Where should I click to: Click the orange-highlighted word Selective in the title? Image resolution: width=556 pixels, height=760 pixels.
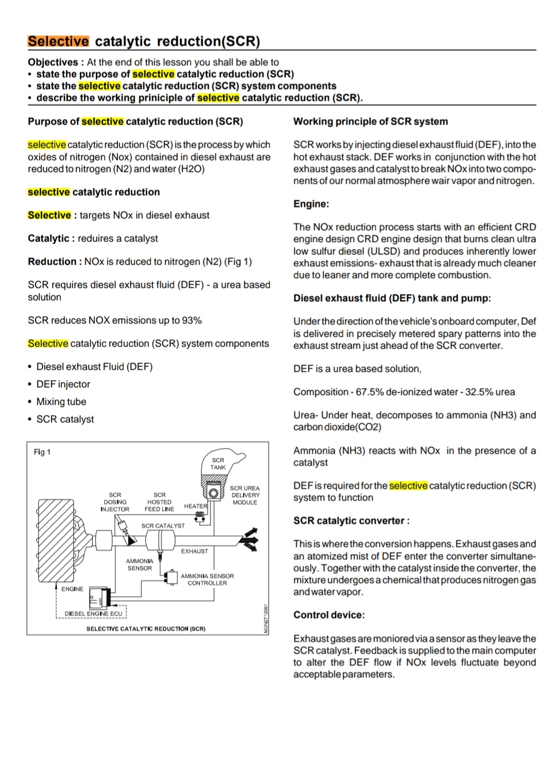point(58,41)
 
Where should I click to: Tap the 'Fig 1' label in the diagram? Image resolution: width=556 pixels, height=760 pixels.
point(42,452)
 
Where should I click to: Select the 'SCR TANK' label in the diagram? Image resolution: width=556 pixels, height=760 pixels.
point(218,463)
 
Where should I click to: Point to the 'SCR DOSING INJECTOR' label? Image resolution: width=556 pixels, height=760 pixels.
point(115,502)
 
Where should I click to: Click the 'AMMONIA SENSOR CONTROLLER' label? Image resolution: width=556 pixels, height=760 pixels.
point(207,579)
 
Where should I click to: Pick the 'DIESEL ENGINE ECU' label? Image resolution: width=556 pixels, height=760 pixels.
point(93,613)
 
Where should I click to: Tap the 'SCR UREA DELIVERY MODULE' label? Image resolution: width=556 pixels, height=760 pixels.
point(245,495)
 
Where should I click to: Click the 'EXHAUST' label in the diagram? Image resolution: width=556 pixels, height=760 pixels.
point(195,551)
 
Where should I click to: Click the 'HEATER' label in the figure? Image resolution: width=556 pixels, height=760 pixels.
point(195,506)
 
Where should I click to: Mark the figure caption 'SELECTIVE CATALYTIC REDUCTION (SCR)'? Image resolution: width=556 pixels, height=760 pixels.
point(146,629)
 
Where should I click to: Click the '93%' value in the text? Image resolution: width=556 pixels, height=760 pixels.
point(192,320)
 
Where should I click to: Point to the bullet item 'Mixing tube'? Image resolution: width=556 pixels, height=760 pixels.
point(61,402)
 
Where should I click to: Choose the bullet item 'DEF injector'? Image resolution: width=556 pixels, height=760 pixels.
point(63,384)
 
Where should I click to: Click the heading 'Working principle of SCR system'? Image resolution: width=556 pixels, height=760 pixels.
point(370,122)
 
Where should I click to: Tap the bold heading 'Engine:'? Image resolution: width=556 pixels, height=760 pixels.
point(311,204)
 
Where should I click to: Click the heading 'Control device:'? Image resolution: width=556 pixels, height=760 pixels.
point(328,615)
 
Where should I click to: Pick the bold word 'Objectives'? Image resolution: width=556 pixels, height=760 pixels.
point(53,62)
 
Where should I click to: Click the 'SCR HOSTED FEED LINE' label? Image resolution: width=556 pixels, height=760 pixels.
point(160,502)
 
